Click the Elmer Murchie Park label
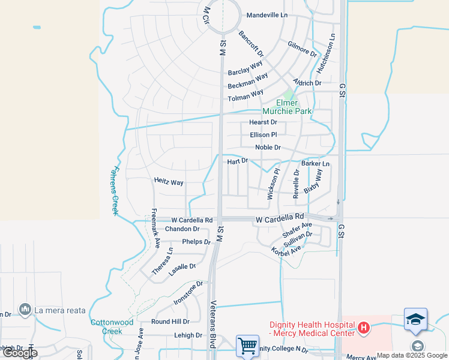pos(286,106)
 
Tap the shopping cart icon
pos(247,346)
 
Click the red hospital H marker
pos(363,328)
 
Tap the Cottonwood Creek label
pos(111,326)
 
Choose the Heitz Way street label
pos(169,182)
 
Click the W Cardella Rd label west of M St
pos(192,220)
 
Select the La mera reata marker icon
pos(25,309)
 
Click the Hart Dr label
pos(238,161)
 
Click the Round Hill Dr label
pos(170,322)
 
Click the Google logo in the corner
pos(20,353)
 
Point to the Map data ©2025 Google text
pos(412,355)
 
